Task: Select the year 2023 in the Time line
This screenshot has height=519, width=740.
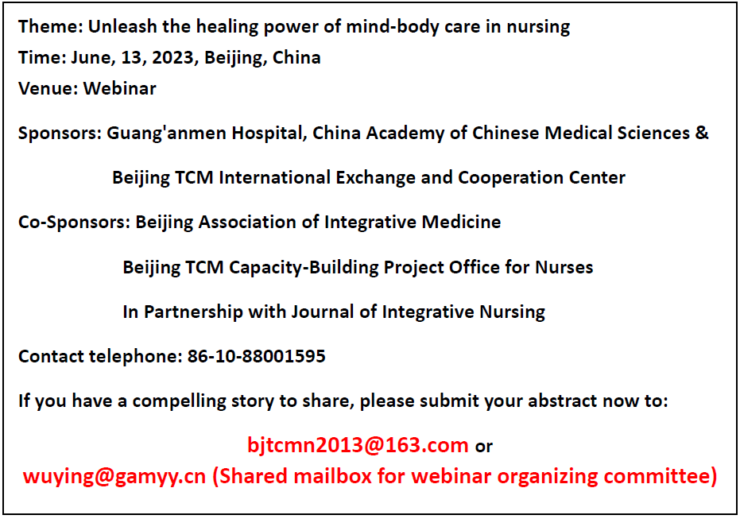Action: pyautogui.click(x=172, y=57)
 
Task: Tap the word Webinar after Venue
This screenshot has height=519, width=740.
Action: pyautogui.click(x=119, y=88)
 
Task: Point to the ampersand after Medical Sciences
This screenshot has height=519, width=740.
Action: pyautogui.click(x=702, y=133)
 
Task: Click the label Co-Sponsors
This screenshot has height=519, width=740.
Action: pyautogui.click(x=72, y=223)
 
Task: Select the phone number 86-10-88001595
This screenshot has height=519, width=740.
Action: pyautogui.click(x=256, y=356)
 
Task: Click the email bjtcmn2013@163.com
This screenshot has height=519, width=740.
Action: pyautogui.click(x=358, y=445)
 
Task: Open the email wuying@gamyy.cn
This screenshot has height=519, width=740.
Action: pyautogui.click(x=114, y=477)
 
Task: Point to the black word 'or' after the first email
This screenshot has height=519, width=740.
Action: pyautogui.click(x=484, y=447)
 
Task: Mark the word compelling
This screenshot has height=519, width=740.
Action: pyautogui.click(x=179, y=401)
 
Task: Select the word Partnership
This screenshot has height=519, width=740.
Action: pyautogui.click(x=193, y=312)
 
